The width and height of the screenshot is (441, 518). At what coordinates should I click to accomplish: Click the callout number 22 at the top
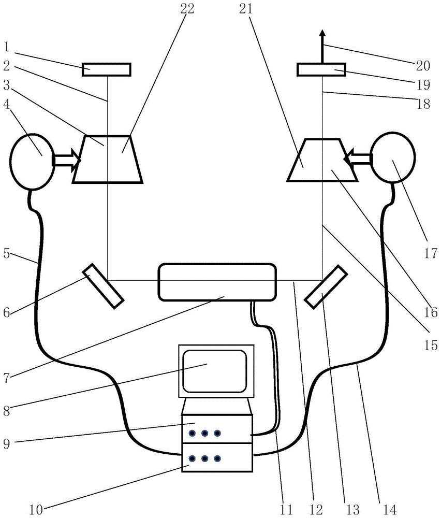click(187, 9)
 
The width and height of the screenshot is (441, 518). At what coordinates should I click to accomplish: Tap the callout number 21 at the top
click(246, 9)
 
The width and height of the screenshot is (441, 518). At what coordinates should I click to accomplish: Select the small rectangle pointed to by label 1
click(107, 69)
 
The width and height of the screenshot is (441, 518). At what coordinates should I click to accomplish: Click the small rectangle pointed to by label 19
click(321, 69)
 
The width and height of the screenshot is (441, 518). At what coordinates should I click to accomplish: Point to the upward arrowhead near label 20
click(322, 33)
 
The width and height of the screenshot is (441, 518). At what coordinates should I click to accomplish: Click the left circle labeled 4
click(32, 162)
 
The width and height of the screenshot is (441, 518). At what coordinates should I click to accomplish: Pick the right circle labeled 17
click(393, 157)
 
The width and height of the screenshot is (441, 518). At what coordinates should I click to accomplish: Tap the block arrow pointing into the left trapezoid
click(67, 160)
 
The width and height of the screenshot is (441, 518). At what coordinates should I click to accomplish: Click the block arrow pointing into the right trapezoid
click(358, 159)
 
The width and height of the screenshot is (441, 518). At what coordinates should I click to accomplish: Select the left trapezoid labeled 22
click(108, 159)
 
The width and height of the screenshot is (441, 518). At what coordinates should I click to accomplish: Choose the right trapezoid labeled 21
click(322, 160)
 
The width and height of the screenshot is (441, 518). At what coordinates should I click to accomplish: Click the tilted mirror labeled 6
click(103, 286)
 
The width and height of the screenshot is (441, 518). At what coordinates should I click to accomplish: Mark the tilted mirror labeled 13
click(326, 286)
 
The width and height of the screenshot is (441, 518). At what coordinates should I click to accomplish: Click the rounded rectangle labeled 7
click(217, 282)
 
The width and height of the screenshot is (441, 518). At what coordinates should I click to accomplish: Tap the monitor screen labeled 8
click(215, 371)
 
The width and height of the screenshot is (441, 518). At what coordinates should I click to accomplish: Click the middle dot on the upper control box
click(204, 433)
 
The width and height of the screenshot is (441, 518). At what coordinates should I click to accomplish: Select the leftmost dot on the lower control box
click(192, 458)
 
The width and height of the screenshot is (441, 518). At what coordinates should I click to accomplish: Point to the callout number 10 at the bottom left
click(36, 510)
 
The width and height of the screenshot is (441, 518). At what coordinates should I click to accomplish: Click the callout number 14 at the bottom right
click(390, 509)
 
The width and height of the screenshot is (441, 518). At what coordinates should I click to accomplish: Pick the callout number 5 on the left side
click(6, 254)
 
